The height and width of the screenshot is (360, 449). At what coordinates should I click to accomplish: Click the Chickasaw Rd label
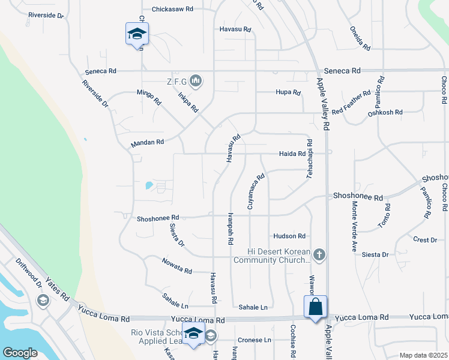[x=172, y=10]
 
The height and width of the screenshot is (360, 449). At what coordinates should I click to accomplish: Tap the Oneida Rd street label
[x=361, y=37]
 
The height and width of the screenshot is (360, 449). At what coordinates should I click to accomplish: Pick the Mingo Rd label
[x=149, y=97]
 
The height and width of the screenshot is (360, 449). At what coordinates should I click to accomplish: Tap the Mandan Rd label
[x=147, y=143]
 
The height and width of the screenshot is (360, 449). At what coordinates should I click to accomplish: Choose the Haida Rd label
[x=293, y=154]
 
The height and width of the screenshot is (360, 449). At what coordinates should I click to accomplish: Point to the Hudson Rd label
[x=289, y=236]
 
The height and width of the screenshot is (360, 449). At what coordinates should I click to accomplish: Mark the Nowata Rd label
[x=176, y=266]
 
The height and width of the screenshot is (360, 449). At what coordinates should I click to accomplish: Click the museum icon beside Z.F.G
[x=196, y=80]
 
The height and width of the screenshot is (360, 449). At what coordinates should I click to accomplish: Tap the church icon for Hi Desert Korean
[x=319, y=255]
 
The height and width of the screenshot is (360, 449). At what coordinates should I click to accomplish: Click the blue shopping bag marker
[x=315, y=307]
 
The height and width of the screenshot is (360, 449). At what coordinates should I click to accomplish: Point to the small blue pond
[x=148, y=185]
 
